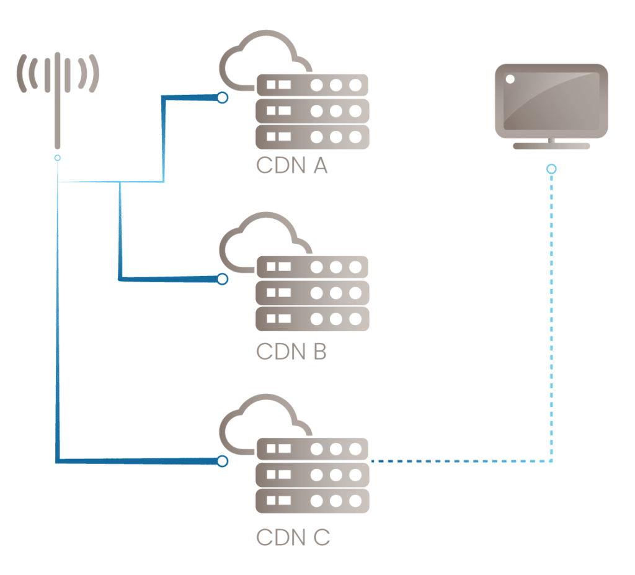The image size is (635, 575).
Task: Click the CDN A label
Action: tap(291, 166)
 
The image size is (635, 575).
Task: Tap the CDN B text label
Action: tap(291, 351)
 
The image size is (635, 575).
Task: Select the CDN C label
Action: tap(293, 537)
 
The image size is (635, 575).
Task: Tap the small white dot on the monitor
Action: tap(510, 79)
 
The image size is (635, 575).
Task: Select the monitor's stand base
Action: tap(551, 146)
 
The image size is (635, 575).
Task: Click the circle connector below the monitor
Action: tap(551, 169)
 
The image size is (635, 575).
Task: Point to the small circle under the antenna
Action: tap(57, 158)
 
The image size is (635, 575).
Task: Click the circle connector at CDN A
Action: tap(222, 97)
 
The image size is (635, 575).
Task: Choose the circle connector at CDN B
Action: tap(222, 279)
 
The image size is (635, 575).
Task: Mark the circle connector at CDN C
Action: tap(222, 461)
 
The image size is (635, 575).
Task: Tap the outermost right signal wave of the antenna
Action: tap(94, 74)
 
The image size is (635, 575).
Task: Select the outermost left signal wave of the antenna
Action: tap(20, 74)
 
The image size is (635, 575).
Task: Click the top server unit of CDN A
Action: tap(312, 84)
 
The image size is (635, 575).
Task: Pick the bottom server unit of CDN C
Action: tap(312, 501)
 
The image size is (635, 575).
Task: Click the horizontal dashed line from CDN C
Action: tap(459, 461)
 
